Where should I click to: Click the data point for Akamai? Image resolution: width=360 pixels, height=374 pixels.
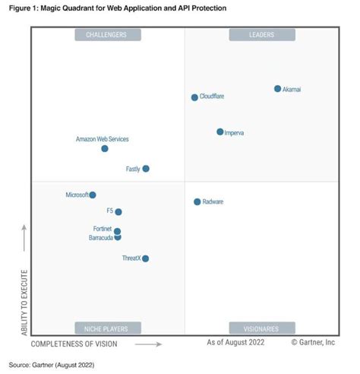pyautogui.click(x=277, y=89)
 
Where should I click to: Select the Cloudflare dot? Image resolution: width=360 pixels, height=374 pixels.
pyautogui.click(x=194, y=97)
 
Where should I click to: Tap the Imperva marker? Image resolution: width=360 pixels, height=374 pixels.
pyautogui.click(x=220, y=132)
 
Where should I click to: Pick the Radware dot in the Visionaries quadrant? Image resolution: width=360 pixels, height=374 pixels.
pyautogui.click(x=197, y=201)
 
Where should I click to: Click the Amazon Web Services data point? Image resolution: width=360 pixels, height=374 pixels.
pyautogui.click(x=105, y=148)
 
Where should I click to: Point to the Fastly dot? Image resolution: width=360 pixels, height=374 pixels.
pyautogui.click(x=146, y=169)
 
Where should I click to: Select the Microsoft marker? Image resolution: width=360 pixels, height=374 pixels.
pyautogui.click(x=93, y=195)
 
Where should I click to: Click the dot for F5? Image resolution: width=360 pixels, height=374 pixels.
pyautogui.click(x=118, y=212)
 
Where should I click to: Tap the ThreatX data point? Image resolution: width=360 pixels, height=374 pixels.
pyautogui.click(x=145, y=258)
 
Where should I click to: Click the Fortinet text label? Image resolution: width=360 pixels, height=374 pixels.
pyautogui.click(x=102, y=229)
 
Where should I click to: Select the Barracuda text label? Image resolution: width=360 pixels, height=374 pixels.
pyautogui.click(x=100, y=238)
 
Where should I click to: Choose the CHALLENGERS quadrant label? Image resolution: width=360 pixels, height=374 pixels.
pyautogui.click(x=107, y=34)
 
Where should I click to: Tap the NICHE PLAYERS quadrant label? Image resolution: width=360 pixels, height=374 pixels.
pyautogui.click(x=107, y=328)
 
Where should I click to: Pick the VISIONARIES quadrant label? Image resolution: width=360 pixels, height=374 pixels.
pyautogui.click(x=260, y=328)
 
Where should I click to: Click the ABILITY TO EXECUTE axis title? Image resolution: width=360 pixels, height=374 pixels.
pyautogui.click(x=25, y=302)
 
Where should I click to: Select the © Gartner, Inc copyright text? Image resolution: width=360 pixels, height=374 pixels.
pyautogui.click(x=312, y=343)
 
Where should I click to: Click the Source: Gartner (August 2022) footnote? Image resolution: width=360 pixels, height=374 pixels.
pyautogui.click(x=52, y=365)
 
